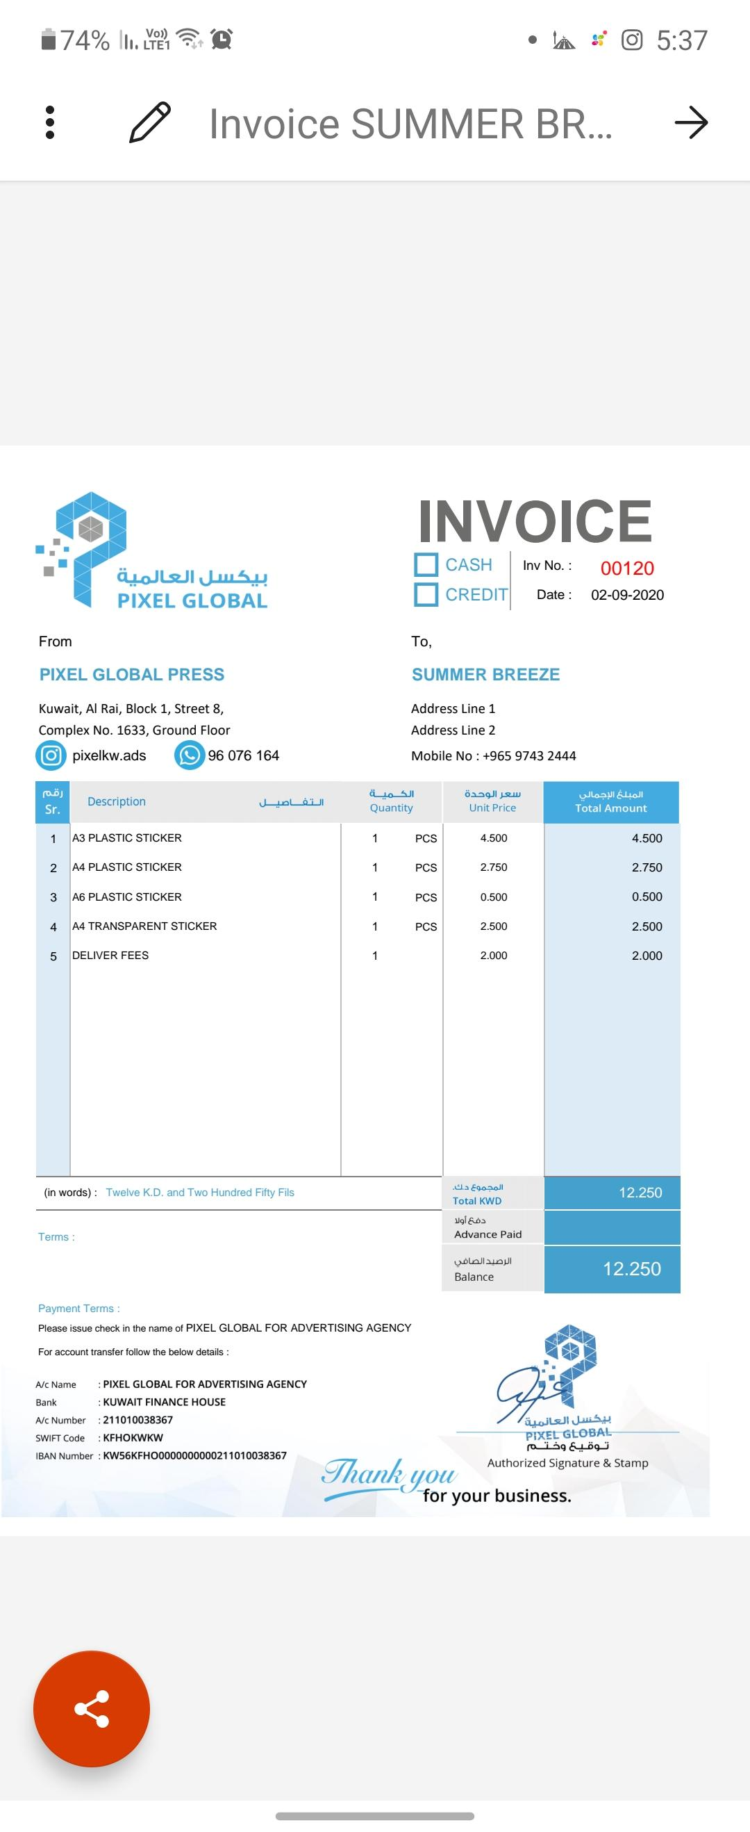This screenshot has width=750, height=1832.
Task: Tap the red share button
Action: (92, 1708)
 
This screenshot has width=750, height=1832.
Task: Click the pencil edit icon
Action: (150, 122)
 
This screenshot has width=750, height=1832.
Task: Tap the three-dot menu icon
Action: (50, 122)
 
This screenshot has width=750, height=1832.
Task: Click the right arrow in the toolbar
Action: (691, 122)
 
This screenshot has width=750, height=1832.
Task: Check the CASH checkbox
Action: (426, 564)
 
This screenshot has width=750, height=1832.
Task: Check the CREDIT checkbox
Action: (426, 594)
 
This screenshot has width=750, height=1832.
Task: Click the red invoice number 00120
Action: (627, 569)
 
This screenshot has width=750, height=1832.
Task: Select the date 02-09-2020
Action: (627, 595)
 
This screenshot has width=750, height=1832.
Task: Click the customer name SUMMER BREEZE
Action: (485, 674)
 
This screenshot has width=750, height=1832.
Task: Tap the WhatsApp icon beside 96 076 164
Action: (189, 755)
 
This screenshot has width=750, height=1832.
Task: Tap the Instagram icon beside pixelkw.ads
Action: (51, 755)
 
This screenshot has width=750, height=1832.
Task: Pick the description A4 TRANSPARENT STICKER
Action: (144, 926)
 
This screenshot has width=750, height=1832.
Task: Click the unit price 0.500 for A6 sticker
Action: (493, 897)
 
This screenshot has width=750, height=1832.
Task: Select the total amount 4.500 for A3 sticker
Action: (647, 837)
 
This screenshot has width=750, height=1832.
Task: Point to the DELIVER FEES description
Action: (110, 955)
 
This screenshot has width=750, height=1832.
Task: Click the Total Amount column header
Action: (610, 801)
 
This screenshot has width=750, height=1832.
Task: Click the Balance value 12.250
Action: (631, 1269)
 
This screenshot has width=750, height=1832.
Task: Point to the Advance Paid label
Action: (487, 1234)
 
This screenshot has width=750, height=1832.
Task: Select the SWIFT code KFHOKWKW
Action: (133, 1437)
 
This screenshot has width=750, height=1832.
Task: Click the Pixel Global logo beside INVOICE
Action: (152, 551)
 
